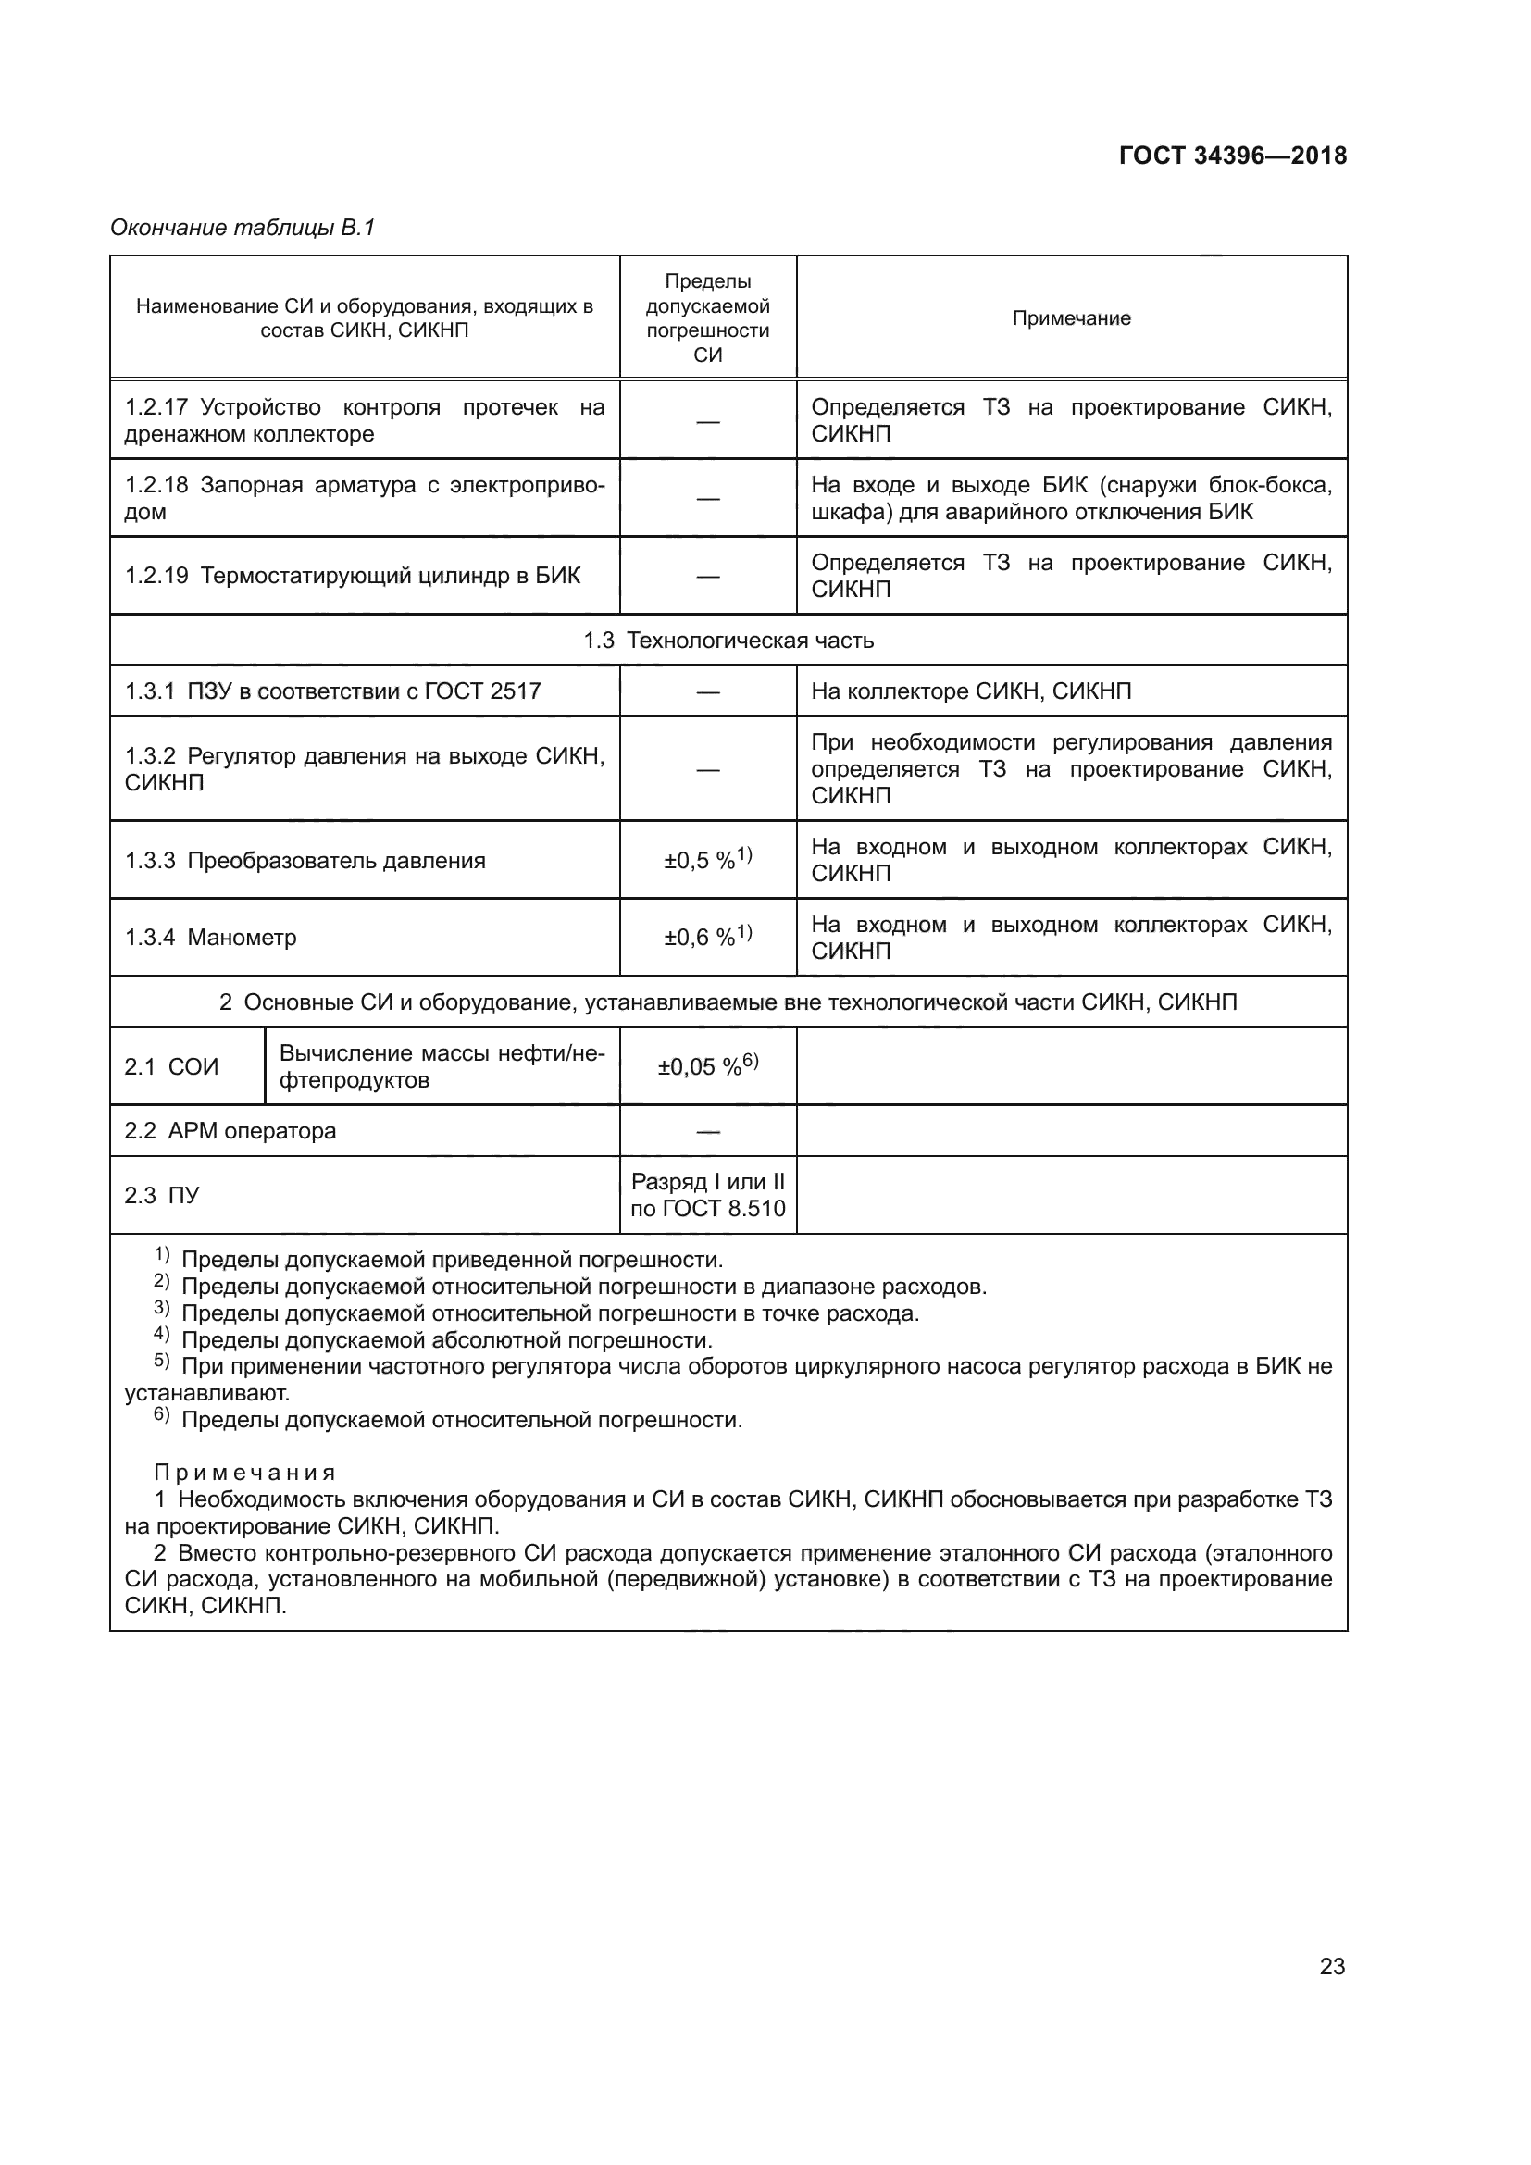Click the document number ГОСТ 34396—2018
[x=1232, y=156]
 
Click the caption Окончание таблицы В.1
[x=243, y=228]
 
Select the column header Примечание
[x=1071, y=318]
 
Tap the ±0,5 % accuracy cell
[x=707, y=859]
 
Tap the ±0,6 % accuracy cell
[x=707, y=937]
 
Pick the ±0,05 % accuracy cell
[x=707, y=1065]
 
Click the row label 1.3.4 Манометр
[x=211, y=938]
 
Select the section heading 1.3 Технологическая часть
[x=728, y=641]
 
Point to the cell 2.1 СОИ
[x=171, y=1066]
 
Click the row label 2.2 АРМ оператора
[x=230, y=1130]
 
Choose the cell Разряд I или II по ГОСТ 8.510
[x=707, y=1195]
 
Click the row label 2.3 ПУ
[x=162, y=1196]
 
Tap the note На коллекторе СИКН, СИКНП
[x=971, y=691]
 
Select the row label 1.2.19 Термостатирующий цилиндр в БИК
[x=353, y=575]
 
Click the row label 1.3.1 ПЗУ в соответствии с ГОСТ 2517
[x=333, y=691]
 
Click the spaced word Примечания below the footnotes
[x=244, y=1473]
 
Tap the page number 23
[x=1331, y=1966]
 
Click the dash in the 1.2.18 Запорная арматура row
[x=707, y=499]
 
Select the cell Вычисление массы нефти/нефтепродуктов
[x=442, y=1066]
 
